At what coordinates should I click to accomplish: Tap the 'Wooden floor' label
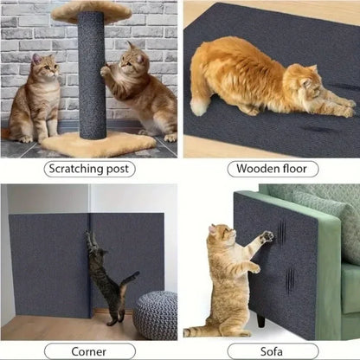pyautogui.click(x=272, y=169)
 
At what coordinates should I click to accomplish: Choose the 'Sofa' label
pyautogui.click(x=272, y=350)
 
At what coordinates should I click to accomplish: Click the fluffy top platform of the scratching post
pyautogui.click(x=90, y=11)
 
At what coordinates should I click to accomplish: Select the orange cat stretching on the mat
pyautogui.click(x=260, y=82)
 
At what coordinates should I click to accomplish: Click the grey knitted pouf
pyautogui.click(x=155, y=315)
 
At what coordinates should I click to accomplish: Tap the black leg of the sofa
pyautogui.click(x=260, y=319)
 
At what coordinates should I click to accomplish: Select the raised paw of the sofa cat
pyautogui.click(x=267, y=236)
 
